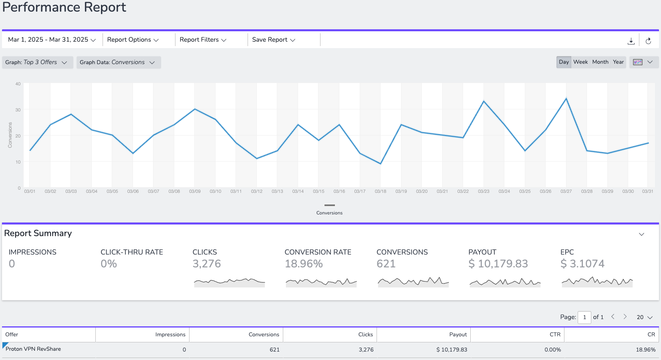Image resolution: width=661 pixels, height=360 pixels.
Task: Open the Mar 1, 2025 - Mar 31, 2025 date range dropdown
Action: (52, 40)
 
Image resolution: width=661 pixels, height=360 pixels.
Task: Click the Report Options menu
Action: (133, 40)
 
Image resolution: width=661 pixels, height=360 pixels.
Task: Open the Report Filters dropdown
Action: (203, 40)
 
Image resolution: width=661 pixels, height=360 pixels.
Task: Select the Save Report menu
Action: (274, 40)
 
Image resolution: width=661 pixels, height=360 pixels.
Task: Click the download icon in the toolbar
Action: (631, 41)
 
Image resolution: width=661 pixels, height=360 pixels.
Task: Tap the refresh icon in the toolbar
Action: (648, 41)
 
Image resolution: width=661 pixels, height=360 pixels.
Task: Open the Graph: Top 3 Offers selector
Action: (38, 62)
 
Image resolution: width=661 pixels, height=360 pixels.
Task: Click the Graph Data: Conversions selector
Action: (119, 62)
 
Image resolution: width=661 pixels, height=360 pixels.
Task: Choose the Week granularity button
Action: (580, 62)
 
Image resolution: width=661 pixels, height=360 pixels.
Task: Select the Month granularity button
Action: (600, 62)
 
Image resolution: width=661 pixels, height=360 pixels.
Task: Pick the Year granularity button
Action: (618, 62)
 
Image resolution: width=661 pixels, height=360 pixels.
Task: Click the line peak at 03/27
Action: (566, 98)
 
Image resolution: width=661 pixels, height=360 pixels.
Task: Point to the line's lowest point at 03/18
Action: (380, 164)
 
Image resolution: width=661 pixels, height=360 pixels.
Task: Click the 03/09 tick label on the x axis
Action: (195, 191)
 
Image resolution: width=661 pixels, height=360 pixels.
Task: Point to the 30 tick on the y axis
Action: (18, 110)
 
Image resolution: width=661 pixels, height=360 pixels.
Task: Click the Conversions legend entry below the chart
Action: (329, 210)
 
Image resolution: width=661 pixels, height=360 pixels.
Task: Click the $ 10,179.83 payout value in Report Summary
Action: (498, 264)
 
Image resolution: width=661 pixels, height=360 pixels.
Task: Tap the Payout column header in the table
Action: (458, 334)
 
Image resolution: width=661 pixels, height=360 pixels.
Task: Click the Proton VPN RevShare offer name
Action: (33, 349)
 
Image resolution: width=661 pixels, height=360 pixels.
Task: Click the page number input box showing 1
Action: (584, 318)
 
